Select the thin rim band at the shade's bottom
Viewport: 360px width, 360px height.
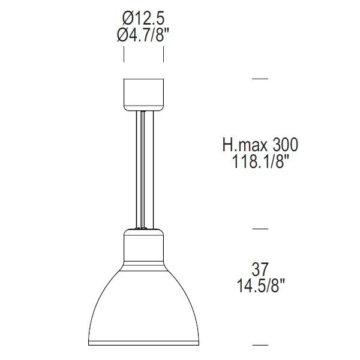(x=143, y=343)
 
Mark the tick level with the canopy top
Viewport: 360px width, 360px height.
(x=260, y=79)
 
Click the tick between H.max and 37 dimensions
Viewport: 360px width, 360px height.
(x=260, y=229)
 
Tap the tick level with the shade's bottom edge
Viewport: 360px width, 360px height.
(x=260, y=345)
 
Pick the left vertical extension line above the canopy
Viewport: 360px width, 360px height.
(x=124, y=53)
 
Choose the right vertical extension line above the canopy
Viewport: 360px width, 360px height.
(x=164, y=53)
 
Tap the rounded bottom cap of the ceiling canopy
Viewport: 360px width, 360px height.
(x=143, y=107)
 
